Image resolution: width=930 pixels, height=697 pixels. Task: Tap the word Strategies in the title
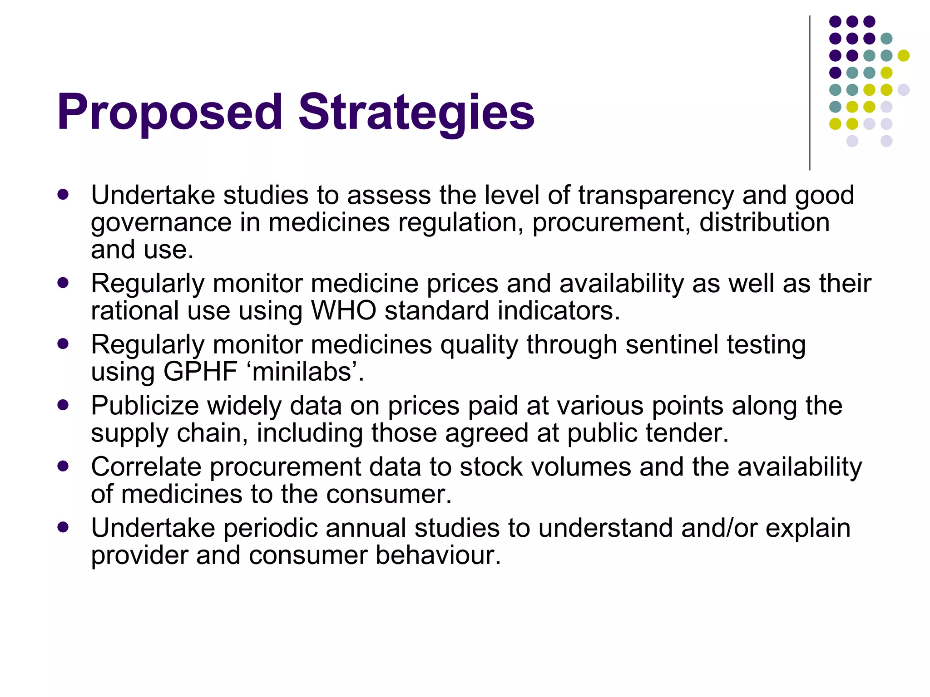click(416, 113)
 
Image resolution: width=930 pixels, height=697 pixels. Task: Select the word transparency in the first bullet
click(656, 196)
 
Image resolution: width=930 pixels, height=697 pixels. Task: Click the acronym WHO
click(343, 311)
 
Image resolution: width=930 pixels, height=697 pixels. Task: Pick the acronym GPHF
click(200, 372)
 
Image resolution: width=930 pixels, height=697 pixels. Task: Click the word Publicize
click(145, 406)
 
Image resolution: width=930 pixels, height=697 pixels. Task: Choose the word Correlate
click(146, 467)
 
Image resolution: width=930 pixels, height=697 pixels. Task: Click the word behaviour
click(438, 555)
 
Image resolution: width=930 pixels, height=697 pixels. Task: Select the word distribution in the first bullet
click(764, 223)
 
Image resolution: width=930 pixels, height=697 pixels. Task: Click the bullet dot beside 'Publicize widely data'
click(63, 405)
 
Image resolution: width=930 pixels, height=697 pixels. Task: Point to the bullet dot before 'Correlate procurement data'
click(63, 466)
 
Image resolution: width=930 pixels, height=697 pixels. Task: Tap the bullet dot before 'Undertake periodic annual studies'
click(63, 527)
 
